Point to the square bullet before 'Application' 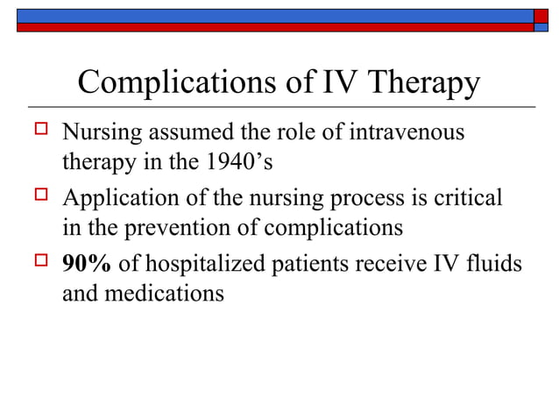pos(38,197)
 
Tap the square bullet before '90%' pos(38,262)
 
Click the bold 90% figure pos(86,265)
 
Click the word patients pos(312,265)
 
